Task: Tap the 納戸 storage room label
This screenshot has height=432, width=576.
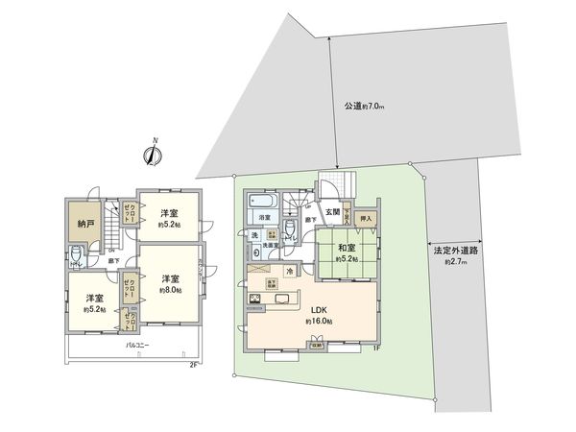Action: coord(84,223)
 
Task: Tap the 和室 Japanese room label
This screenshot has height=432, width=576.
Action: coord(347,250)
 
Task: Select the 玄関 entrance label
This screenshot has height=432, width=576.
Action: coord(332,212)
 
